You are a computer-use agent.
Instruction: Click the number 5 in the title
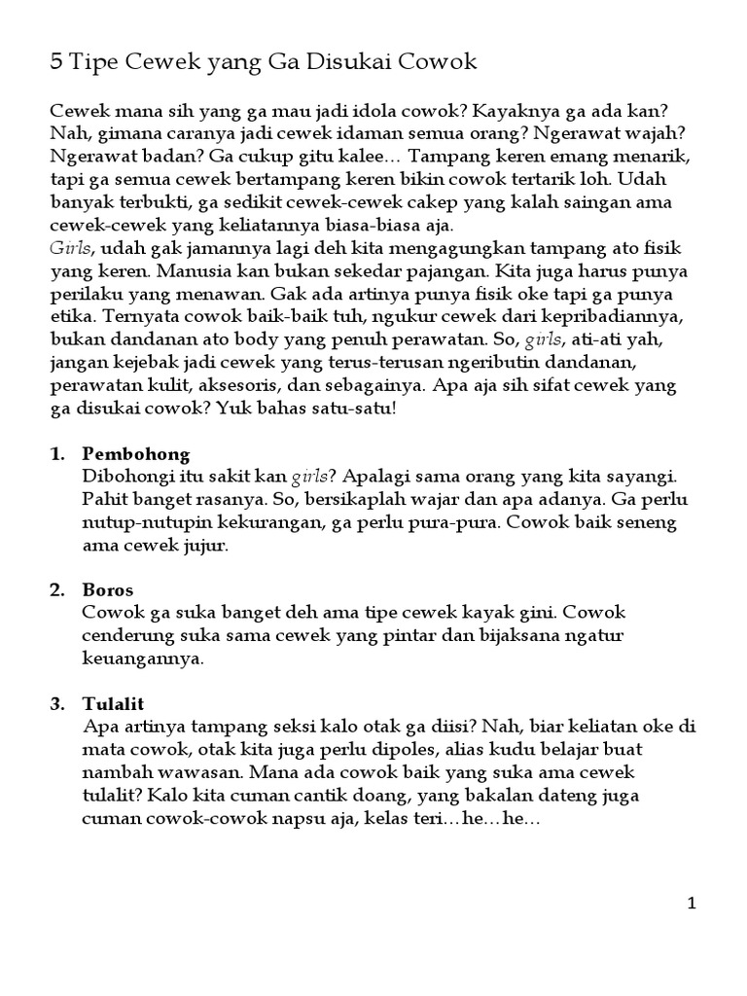point(56,64)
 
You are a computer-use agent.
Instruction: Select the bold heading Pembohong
point(136,454)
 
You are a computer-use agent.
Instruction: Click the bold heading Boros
point(108,590)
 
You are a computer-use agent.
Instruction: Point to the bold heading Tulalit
point(114,703)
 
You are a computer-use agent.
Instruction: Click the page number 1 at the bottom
point(692,904)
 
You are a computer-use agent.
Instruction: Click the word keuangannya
point(143,658)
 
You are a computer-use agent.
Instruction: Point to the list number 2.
point(56,590)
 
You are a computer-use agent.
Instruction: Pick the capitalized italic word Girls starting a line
point(69,248)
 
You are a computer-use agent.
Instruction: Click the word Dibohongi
point(127,477)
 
